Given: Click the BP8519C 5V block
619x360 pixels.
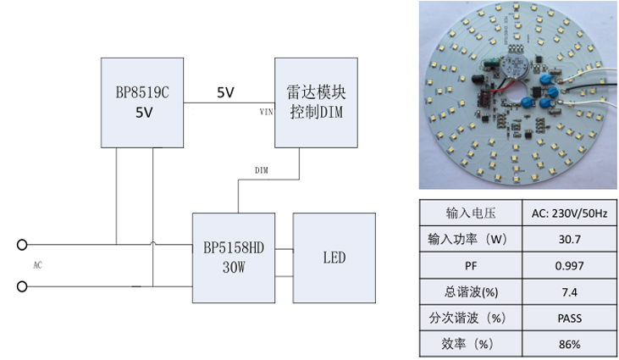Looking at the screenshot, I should coord(141,102).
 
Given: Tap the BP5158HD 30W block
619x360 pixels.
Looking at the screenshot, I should coord(234,258).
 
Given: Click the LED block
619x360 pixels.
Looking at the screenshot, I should coord(334,258).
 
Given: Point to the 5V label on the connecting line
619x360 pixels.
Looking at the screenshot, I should coord(226,92).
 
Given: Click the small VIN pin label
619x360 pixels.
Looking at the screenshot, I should coord(266,111).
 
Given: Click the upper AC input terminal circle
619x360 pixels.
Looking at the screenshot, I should coord(22,245).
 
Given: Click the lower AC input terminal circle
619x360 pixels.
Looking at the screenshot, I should coord(22,287).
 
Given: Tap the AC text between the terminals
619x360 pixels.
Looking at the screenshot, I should coord(37,265).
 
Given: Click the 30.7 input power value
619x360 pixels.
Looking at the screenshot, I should coord(569,239).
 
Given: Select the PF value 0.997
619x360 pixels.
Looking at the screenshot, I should coord(569,265).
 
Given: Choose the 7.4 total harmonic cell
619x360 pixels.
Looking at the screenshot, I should coord(569,291).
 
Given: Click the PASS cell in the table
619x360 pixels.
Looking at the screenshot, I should coord(569,318).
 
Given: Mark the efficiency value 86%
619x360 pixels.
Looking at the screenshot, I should coord(569,344).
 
